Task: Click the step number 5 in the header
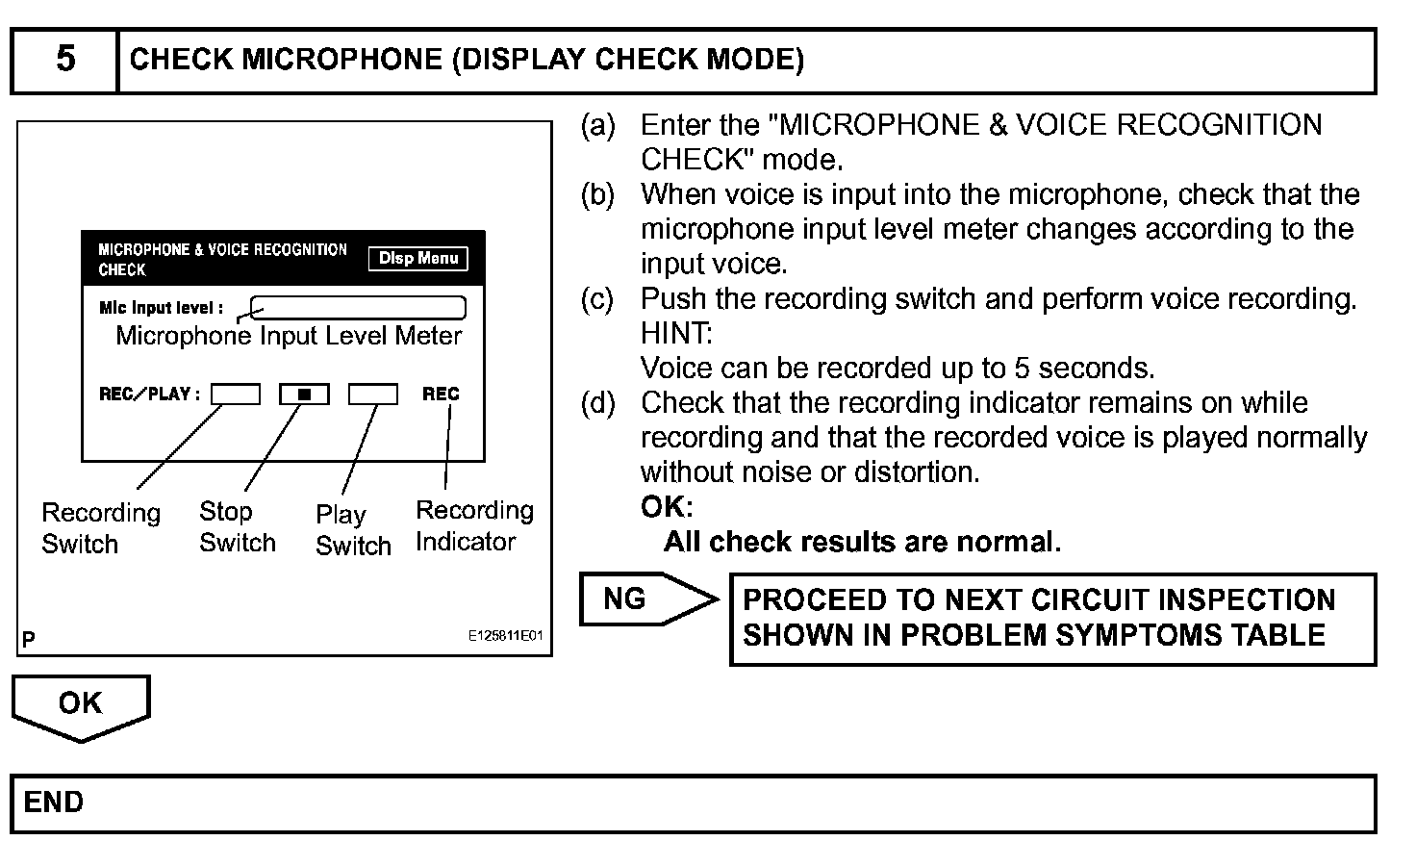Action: point(64,60)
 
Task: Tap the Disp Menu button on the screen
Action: point(417,258)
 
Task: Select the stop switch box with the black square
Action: point(304,394)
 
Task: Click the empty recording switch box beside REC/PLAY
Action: point(236,394)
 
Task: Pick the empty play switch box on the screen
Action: point(372,394)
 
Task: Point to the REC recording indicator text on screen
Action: point(441,394)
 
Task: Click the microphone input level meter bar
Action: point(359,308)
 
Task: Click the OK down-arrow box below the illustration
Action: point(81,705)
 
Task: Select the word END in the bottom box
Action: point(54,802)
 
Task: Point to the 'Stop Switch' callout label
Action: point(237,527)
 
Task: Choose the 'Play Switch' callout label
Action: point(353,530)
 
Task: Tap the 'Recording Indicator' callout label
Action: point(473,525)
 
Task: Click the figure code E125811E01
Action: point(506,637)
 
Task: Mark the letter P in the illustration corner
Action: point(29,638)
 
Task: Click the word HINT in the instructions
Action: point(676,334)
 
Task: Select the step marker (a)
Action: point(597,125)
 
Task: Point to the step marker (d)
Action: point(597,403)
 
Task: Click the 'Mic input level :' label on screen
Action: point(161,309)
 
